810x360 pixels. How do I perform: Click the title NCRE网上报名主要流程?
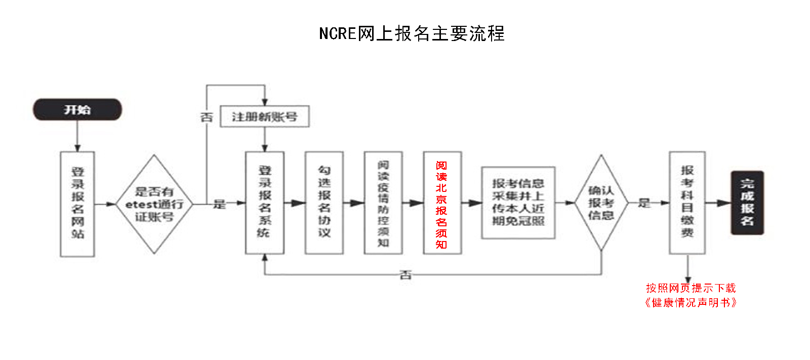(412, 33)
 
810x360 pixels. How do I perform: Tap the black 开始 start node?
(77, 109)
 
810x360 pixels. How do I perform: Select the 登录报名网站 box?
(77, 204)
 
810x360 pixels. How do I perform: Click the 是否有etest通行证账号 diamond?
(154, 204)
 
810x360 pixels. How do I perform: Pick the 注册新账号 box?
(264, 116)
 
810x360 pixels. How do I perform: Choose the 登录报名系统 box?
(264, 203)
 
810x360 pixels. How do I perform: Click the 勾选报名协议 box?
(324, 203)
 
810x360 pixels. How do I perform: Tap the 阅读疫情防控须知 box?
(383, 203)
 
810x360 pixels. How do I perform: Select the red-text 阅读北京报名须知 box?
(442, 203)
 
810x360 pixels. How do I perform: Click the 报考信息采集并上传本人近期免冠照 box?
(518, 203)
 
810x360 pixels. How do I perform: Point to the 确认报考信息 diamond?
(601, 203)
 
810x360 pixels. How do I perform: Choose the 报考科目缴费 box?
(687, 203)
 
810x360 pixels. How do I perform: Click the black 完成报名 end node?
(747, 203)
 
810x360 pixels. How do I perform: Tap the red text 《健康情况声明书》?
(691, 303)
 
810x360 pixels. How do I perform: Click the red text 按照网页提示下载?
(691, 288)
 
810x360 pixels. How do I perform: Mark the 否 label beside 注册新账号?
(207, 117)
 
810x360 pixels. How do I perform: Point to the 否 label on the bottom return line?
(406, 275)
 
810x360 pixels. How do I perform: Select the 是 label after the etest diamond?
(219, 204)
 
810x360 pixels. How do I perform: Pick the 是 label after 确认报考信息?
(644, 203)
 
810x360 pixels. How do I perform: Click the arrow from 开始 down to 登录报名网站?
(77, 136)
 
